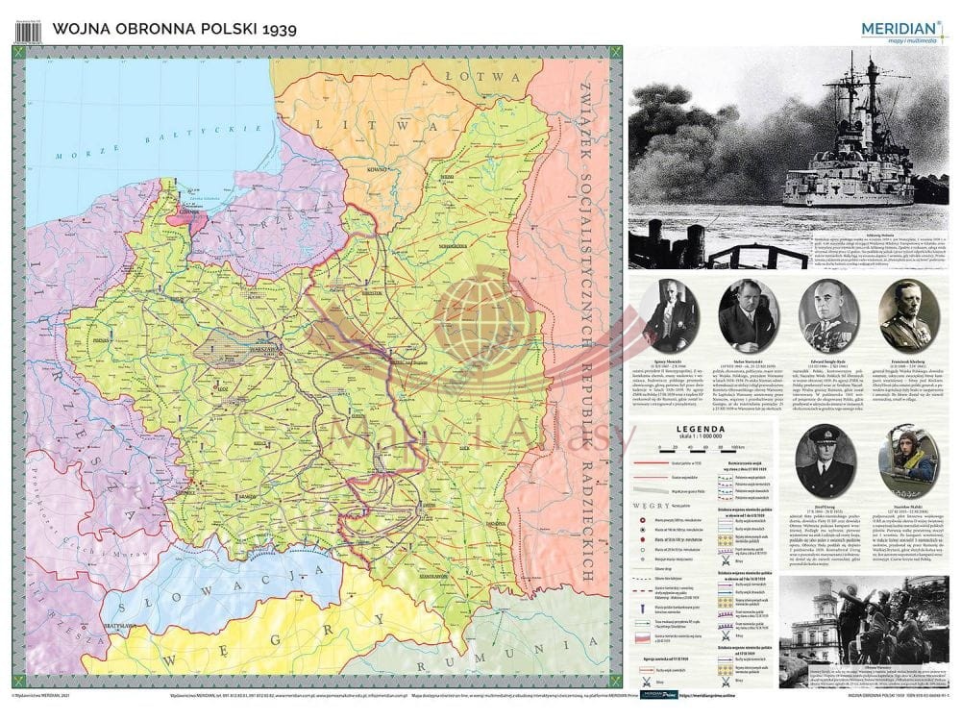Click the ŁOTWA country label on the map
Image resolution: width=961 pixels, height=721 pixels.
pyautogui.click(x=487, y=76)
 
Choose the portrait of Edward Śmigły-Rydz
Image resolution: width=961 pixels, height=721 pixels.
pyautogui.click(x=826, y=315)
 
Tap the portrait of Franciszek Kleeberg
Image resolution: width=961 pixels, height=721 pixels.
pyautogui.click(x=908, y=315)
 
